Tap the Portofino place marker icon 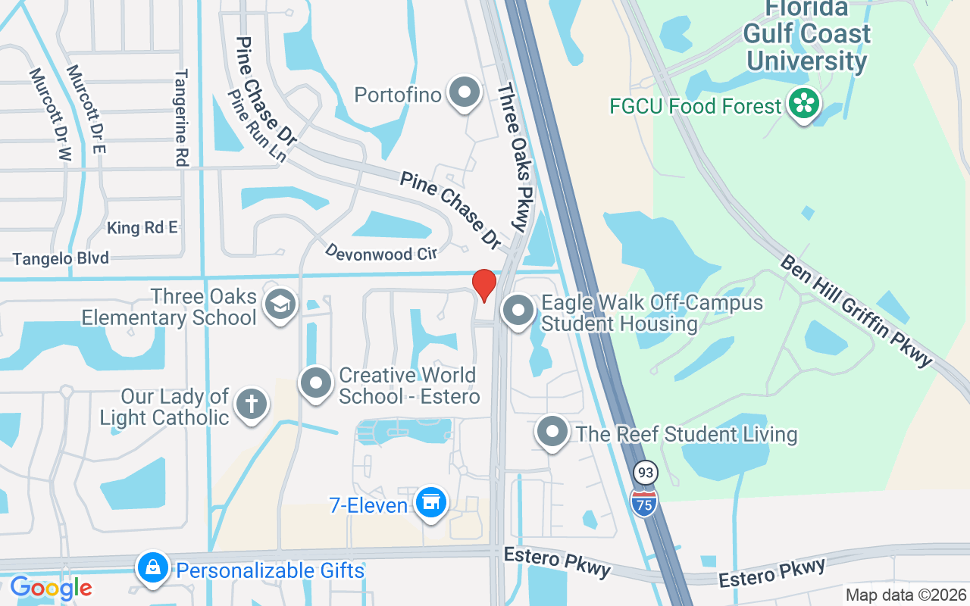point(465,94)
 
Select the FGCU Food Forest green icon point(803,105)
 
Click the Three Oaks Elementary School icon point(280,305)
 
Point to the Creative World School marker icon point(316,384)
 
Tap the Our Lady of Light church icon point(251,405)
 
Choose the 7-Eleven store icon point(431,503)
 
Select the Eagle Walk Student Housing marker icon point(519,311)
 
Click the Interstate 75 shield point(645,501)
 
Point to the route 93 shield point(646,473)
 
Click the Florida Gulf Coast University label point(806,35)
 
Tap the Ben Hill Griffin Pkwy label point(856,311)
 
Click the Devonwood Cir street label point(381,252)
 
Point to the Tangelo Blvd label point(61,258)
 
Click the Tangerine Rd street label point(181,117)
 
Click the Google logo point(51,588)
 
